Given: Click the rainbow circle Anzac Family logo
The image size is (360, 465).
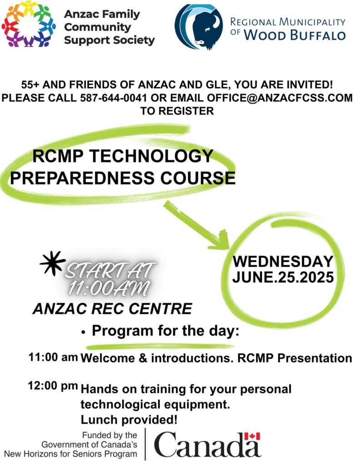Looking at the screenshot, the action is pos(29,25).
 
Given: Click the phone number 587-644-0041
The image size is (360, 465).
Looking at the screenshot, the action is pos(114,98).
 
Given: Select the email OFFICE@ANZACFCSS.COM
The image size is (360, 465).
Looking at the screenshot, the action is pos(280,98).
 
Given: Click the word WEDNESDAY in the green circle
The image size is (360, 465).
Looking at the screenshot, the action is pos(283,261).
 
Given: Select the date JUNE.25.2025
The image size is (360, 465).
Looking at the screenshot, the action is pos(283,277).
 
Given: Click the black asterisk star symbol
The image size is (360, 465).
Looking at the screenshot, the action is pos(52,263).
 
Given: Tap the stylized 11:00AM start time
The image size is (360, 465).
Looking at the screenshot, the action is pos(109,287).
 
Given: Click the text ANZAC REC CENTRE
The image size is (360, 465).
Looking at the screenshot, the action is pos(112,309).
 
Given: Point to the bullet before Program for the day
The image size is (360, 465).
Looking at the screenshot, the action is pos(84,332).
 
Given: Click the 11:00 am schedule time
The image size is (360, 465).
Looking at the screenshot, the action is pos(53,357).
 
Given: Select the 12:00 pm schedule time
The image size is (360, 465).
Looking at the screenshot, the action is pos(53,386).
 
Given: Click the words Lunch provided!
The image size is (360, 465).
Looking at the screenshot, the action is pos(129,420).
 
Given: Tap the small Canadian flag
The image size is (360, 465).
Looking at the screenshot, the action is pos(252,436).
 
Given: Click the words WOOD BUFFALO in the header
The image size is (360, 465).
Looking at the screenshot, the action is pos(295,35).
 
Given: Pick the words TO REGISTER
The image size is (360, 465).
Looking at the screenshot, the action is pos(177,111).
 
